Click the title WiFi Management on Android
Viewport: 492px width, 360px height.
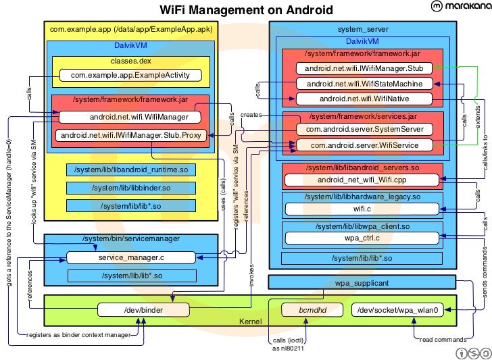click(x=246, y=9)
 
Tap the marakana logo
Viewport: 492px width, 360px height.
click(x=456, y=7)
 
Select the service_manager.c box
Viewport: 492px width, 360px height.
click(x=131, y=257)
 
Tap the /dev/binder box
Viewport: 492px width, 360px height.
click(x=141, y=310)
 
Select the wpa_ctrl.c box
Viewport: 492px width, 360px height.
click(x=362, y=238)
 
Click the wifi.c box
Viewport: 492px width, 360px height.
click(x=362, y=209)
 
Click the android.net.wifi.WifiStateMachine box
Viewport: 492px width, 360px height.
click(x=364, y=84)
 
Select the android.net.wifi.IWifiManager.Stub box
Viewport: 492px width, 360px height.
click(x=364, y=68)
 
